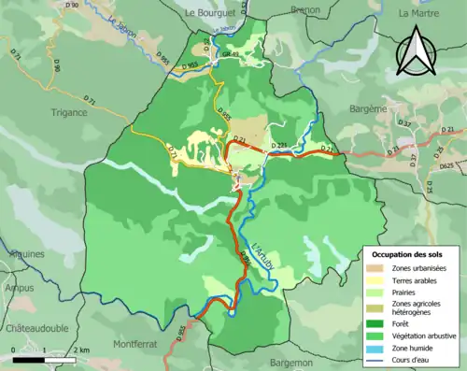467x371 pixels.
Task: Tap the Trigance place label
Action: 68,112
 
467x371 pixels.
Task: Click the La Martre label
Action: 417,13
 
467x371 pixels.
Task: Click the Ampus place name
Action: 19,289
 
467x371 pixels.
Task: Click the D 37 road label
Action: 404,124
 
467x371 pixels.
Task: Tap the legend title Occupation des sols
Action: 410,253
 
